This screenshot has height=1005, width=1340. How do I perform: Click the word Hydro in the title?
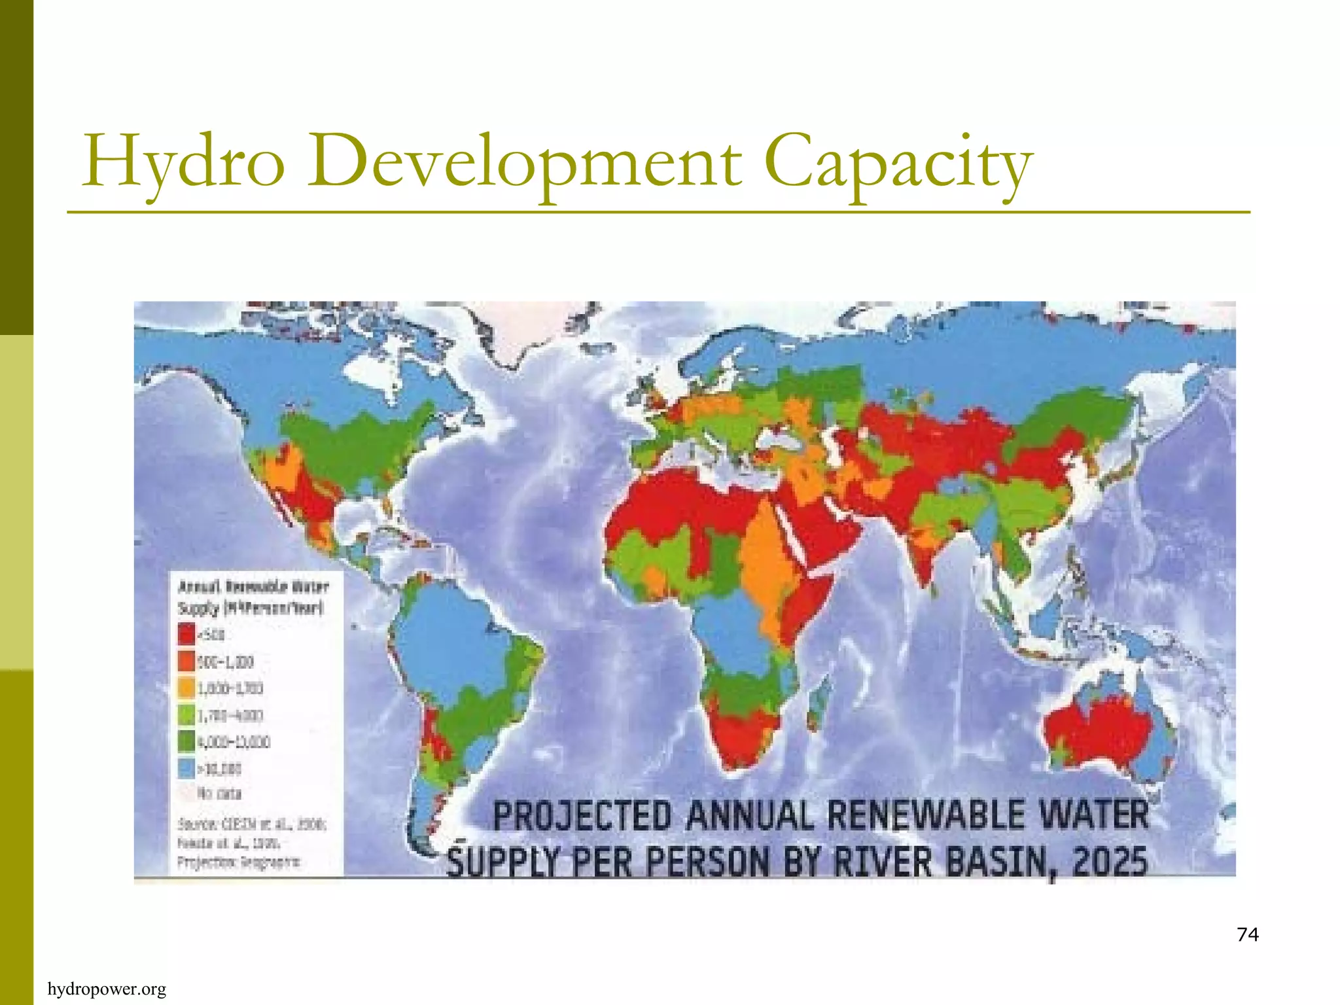pos(184,161)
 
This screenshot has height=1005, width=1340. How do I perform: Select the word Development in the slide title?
pos(523,161)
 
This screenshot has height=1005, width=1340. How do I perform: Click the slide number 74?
pos(1248,934)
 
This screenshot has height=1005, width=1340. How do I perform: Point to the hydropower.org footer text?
pos(107,989)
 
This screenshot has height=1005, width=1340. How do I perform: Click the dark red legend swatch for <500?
pos(186,635)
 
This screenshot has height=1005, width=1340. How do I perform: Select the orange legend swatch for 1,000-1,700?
pos(186,688)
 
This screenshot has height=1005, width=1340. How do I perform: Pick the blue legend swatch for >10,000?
pos(186,768)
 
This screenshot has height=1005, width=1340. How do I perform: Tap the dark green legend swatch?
pos(186,741)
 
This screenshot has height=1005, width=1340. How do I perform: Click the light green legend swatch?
pos(186,715)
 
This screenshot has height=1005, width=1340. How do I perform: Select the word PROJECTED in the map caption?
pos(582,817)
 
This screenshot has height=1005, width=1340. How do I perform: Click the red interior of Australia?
pos(1099,730)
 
